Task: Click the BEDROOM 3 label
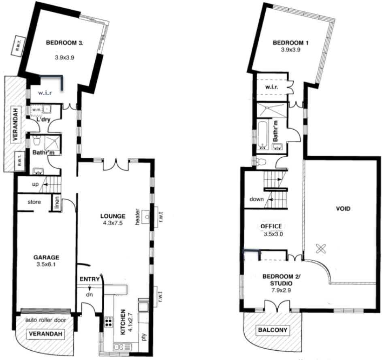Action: pyautogui.click(x=65, y=43)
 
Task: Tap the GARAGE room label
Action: pyautogui.click(x=46, y=257)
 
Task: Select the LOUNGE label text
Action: pyautogui.click(x=113, y=216)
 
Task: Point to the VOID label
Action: pyautogui.click(x=343, y=209)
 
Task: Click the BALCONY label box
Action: pyautogui.click(x=273, y=330)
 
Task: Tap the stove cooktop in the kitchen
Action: pyautogui.click(x=109, y=322)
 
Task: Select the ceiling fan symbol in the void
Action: pyautogui.click(x=320, y=249)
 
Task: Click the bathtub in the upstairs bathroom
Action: pyautogui.click(x=263, y=135)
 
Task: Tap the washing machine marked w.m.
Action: pyautogui.click(x=36, y=109)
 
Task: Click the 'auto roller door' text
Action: pyautogui.click(x=45, y=320)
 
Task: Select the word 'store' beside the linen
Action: pyautogui.click(x=34, y=202)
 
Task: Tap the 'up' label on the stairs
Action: pyautogui.click(x=35, y=184)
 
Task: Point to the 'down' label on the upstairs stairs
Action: pyautogui.click(x=256, y=199)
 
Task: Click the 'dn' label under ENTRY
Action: pyautogui.click(x=90, y=294)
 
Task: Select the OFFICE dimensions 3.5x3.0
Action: pyautogui.click(x=273, y=234)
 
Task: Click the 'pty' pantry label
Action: pyautogui.click(x=143, y=337)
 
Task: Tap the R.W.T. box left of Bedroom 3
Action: pyautogui.click(x=18, y=46)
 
